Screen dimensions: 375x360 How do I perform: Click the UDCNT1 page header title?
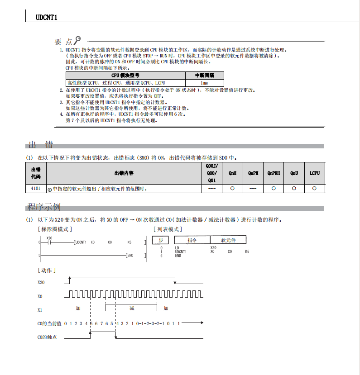[46, 17]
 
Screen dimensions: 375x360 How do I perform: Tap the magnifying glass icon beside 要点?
[78, 40]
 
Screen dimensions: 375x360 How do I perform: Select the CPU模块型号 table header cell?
[125, 76]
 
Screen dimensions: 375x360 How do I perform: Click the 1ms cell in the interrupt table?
[204, 83]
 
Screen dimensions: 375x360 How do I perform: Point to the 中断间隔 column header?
[204, 76]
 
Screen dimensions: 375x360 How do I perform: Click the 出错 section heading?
[40, 145]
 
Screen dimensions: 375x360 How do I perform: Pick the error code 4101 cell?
[36, 188]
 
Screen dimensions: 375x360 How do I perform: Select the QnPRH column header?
[274, 173]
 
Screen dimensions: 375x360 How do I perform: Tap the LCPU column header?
[315, 173]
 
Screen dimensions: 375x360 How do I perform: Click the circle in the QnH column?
[232, 188]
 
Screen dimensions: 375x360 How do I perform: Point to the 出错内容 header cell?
[124, 173]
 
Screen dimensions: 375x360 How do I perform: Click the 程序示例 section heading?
[43, 207]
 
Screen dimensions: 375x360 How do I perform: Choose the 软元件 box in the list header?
[229, 240]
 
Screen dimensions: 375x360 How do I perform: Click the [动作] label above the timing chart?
[47, 270]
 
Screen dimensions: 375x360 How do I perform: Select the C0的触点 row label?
[47, 337]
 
